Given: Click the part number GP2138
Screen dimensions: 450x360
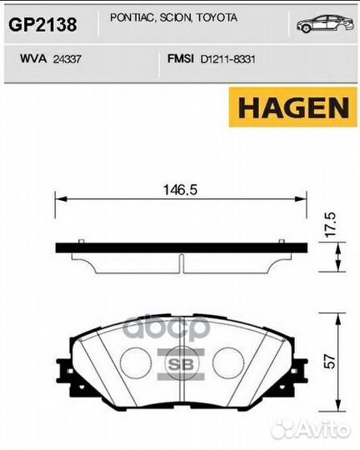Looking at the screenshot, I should click(42, 26).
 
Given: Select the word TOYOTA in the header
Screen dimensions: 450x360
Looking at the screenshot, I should click(217, 17).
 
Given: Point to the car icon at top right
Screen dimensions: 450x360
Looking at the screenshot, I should click(322, 25).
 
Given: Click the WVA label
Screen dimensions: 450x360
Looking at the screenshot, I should click(32, 60).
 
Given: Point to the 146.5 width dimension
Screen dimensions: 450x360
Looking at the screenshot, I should click(180, 189).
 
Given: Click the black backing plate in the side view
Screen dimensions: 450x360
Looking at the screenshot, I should click(180, 247).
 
